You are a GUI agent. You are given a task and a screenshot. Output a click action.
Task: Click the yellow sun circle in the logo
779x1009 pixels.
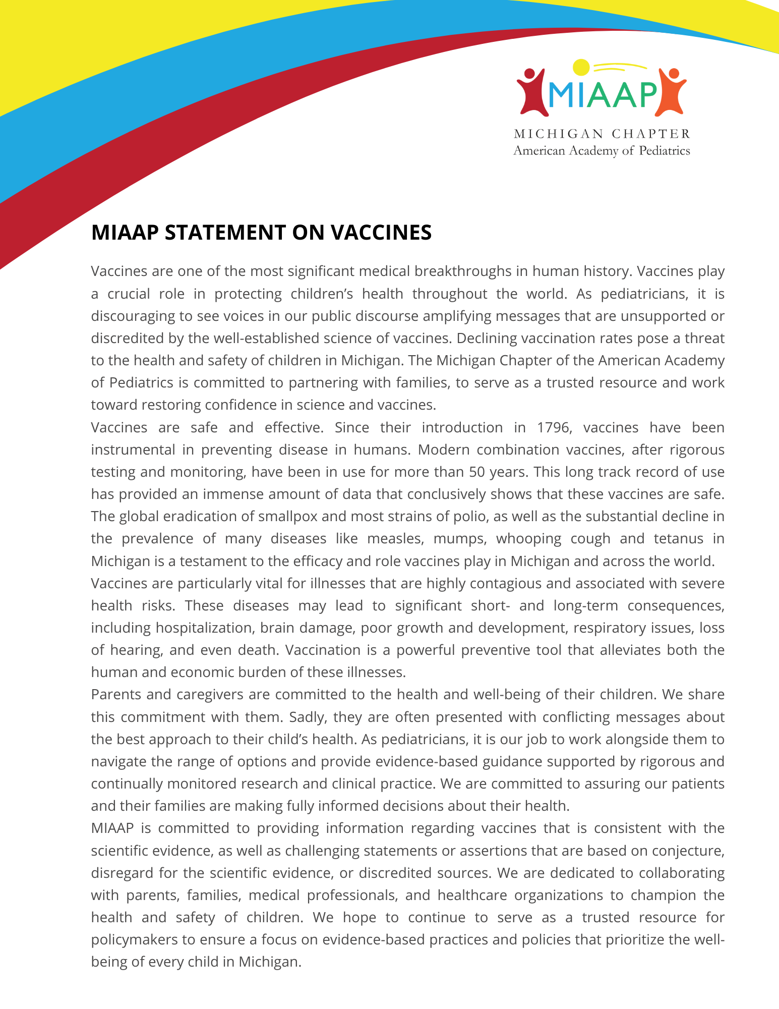pos(581,67)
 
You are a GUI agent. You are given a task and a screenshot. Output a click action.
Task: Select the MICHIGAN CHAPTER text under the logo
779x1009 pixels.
pos(602,134)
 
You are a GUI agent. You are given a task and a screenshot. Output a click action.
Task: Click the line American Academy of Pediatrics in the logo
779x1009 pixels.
pos(602,150)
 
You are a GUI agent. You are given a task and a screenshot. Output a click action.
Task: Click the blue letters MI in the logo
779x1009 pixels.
pos(560,94)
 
